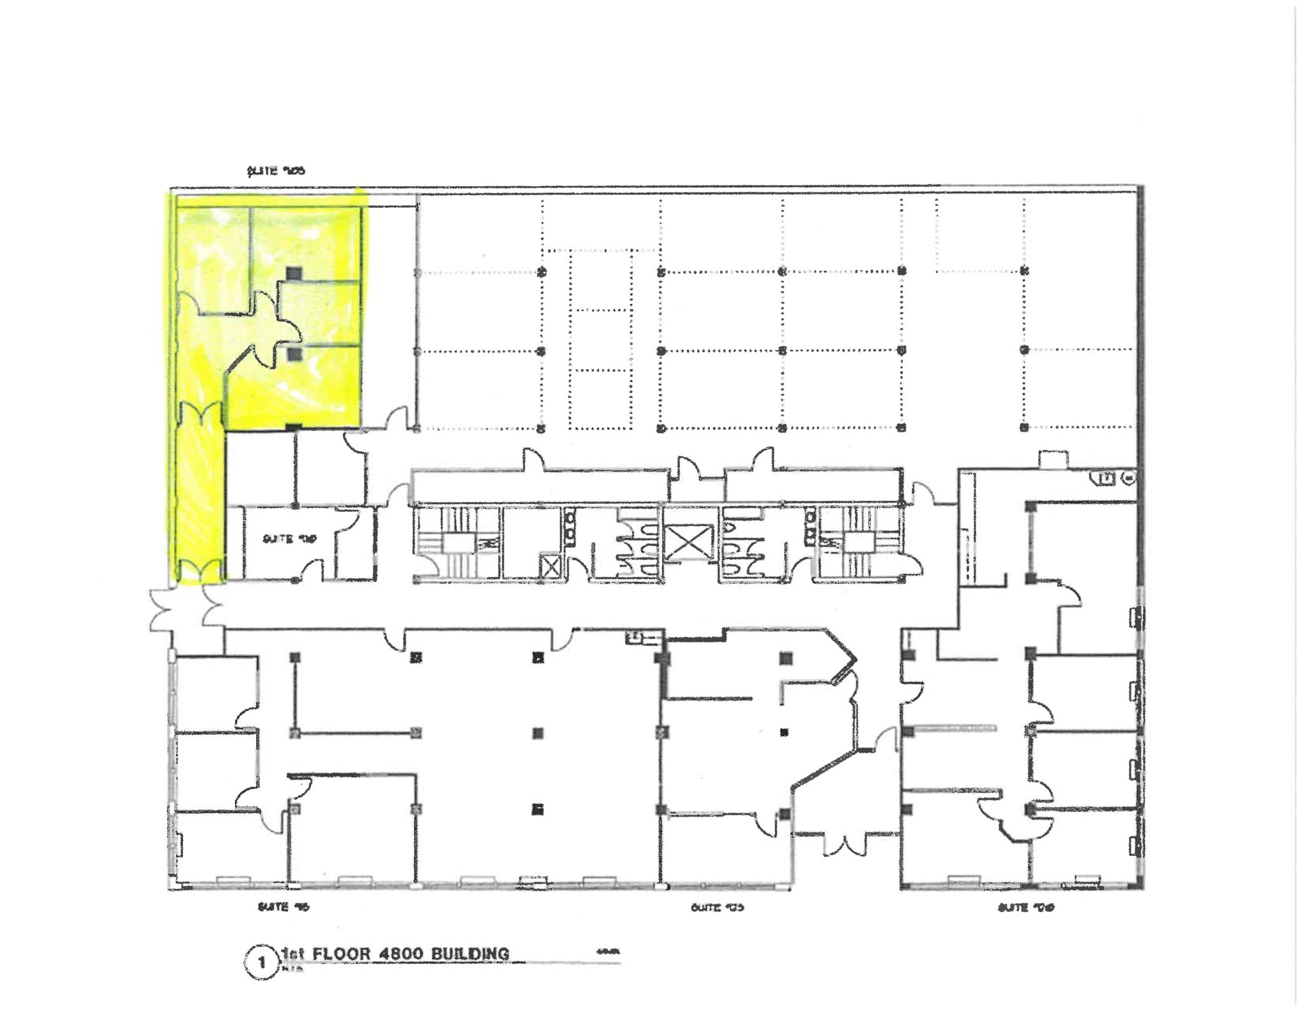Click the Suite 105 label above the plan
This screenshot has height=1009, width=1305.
276,171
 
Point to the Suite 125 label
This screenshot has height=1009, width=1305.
717,907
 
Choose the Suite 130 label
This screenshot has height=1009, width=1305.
1025,907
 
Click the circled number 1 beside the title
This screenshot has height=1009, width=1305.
261,962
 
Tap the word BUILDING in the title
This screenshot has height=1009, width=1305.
470,954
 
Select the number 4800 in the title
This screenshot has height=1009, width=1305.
394,954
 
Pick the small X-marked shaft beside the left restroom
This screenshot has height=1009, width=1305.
549,566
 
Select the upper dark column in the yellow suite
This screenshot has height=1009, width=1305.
293,273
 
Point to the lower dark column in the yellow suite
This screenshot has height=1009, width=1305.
294,354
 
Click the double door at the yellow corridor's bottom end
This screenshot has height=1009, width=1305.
200,571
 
